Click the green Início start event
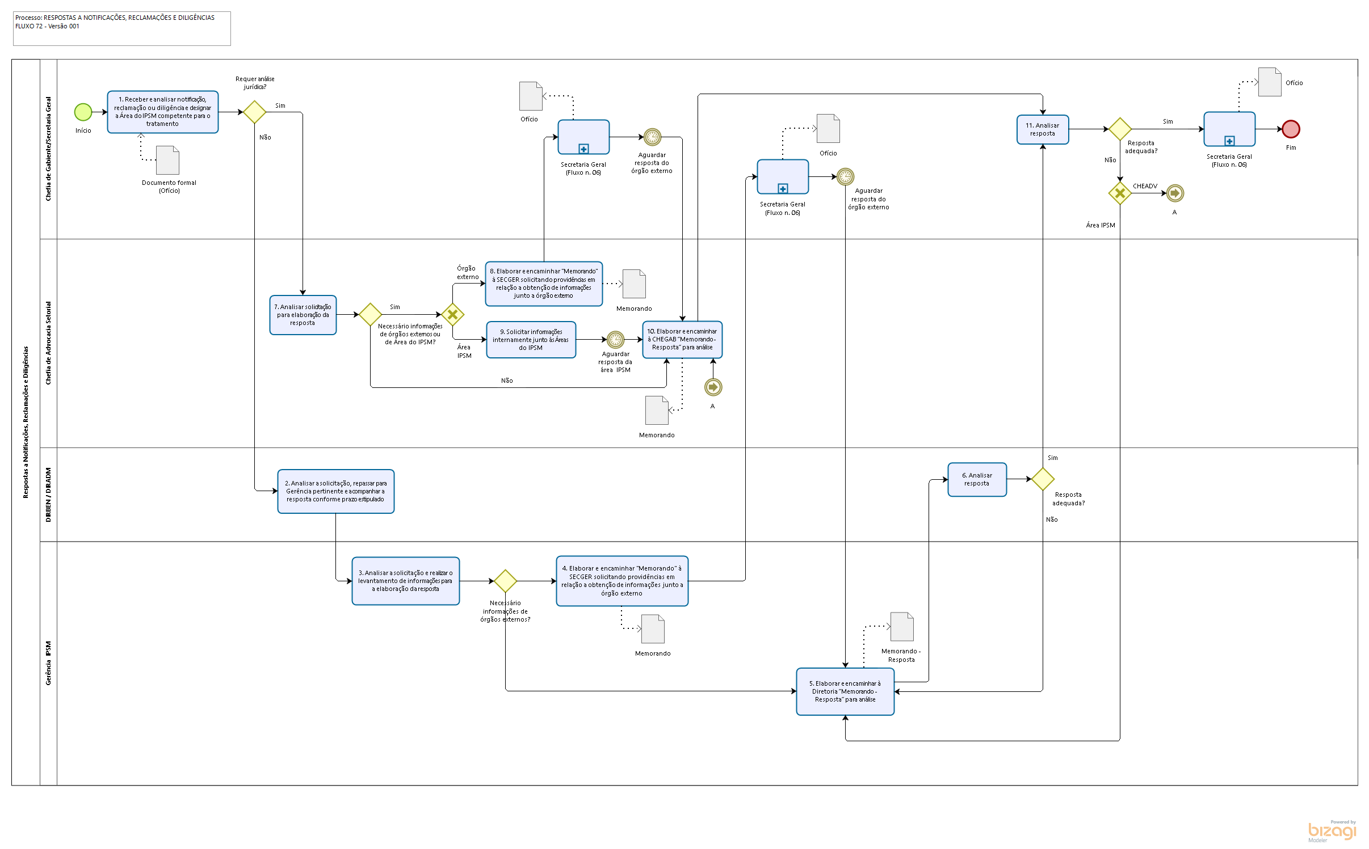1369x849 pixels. click(x=83, y=112)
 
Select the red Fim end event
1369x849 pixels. click(x=1291, y=129)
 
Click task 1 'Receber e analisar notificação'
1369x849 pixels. click(x=162, y=112)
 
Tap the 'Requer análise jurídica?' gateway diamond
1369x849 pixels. click(x=254, y=112)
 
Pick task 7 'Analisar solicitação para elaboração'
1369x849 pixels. click(x=303, y=315)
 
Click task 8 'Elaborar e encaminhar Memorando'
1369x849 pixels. click(x=543, y=284)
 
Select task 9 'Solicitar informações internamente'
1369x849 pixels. click(x=531, y=340)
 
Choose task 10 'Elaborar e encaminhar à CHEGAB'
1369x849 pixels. click(x=682, y=340)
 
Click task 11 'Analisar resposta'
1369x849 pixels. click(x=1042, y=129)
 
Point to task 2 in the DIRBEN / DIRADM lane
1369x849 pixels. click(x=335, y=491)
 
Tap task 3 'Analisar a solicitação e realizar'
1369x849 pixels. click(x=405, y=581)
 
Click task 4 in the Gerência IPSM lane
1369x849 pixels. click(x=621, y=581)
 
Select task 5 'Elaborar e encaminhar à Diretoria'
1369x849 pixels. click(x=845, y=691)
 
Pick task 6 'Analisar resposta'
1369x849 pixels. click(x=976, y=479)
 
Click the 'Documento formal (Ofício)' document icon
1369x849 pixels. click(x=168, y=160)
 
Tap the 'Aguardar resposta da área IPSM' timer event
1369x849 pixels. click(x=615, y=340)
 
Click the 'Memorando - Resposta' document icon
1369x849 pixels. click(x=902, y=627)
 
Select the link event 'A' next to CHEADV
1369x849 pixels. click(x=1174, y=193)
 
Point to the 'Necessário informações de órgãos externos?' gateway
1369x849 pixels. click(x=505, y=581)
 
